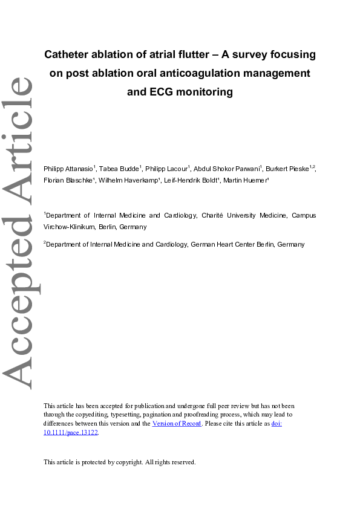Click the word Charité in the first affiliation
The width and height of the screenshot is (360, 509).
227,215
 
